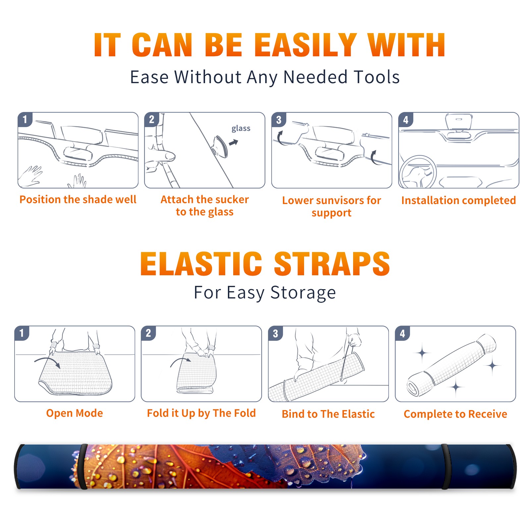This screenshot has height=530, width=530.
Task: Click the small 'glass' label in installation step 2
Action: coord(241,129)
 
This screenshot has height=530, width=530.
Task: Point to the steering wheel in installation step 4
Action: coord(418,172)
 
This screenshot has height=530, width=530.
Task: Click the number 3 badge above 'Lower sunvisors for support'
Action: coord(279,120)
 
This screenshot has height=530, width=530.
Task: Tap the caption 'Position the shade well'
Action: coord(78,199)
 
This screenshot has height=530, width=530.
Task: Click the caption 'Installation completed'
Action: coord(458,200)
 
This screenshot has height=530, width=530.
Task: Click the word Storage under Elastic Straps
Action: coord(303,292)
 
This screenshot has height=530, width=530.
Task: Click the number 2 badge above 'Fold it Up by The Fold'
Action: coord(148,333)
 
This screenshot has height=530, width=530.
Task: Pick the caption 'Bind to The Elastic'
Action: coord(328,414)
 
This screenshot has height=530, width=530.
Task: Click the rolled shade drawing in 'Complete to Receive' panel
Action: coord(451,365)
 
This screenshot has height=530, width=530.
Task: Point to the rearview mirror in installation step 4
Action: coord(458,122)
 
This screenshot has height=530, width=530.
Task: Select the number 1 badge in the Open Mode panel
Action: coord(22,333)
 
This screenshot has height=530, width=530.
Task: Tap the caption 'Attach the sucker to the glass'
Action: coord(205,205)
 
